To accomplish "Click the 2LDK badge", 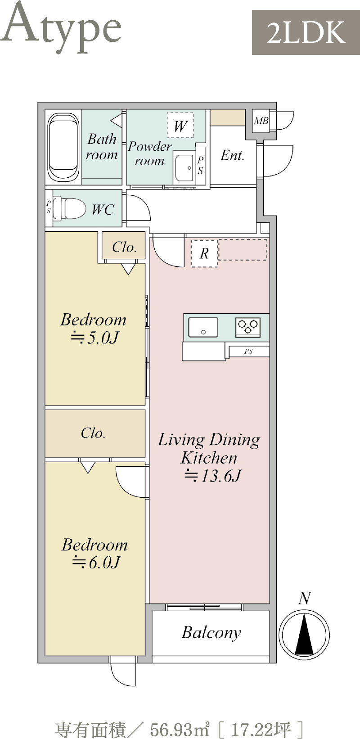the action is (x=306, y=32).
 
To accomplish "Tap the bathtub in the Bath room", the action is (x=63, y=147).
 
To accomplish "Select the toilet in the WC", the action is (x=69, y=208).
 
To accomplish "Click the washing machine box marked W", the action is (x=180, y=126).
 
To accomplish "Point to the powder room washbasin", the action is (x=184, y=167).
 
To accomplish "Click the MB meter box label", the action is (x=261, y=121).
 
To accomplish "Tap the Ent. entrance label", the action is (x=233, y=155).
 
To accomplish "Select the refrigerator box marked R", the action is (x=204, y=253).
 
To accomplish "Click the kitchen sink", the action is (x=203, y=327).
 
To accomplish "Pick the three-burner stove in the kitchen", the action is (x=248, y=327).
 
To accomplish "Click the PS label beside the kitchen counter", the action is (x=248, y=351).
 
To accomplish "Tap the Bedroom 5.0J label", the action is (x=94, y=328).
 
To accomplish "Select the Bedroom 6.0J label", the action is (x=94, y=553).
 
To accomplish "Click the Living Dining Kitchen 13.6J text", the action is (x=209, y=457).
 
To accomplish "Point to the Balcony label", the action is (x=211, y=633).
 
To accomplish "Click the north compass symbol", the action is (x=304, y=634).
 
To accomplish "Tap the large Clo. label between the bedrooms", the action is (x=94, y=433).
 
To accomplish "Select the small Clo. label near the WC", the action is (x=124, y=247).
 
